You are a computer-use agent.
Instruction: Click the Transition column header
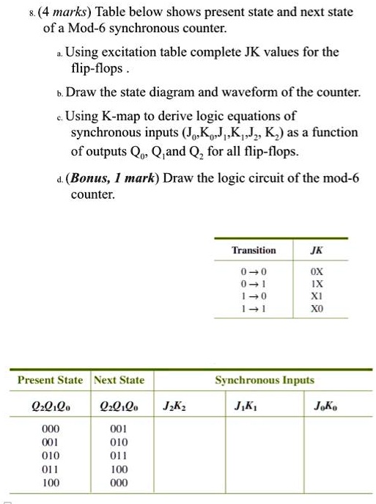click(253, 250)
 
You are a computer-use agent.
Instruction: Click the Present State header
click(50, 380)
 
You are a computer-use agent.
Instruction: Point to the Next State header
click(119, 380)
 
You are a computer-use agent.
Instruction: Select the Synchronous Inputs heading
click(265, 380)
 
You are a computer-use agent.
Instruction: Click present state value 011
click(50, 469)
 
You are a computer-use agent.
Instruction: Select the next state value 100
click(118, 469)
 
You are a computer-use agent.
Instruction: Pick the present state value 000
click(50, 429)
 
